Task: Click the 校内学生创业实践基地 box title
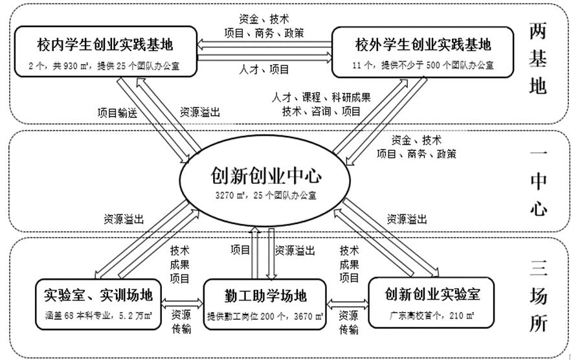coord(106,45)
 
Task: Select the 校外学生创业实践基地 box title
coord(423,45)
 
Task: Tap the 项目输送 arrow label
coord(117,111)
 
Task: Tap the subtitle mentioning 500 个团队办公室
coord(423,65)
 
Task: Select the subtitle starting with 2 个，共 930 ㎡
coord(106,65)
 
